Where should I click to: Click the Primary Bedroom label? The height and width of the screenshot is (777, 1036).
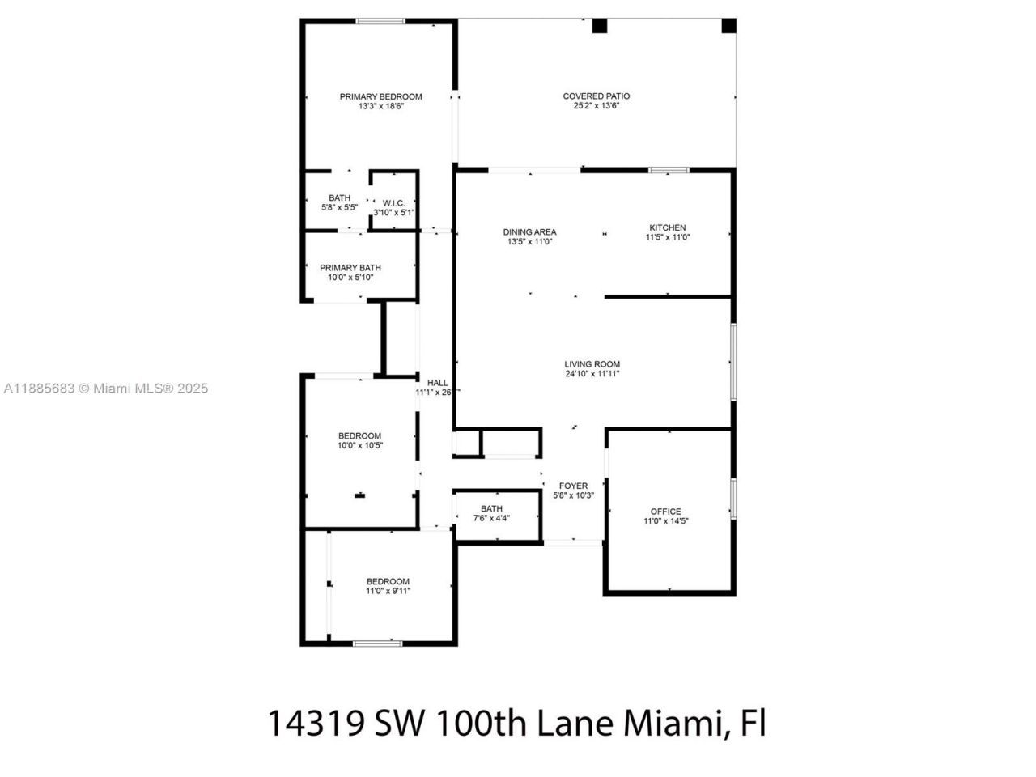[x=380, y=96]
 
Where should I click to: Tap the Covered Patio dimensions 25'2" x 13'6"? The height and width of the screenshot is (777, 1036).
[x=597, y=106]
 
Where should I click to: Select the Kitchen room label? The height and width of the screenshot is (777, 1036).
[x=667, y=227]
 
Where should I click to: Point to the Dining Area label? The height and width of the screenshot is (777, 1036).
[x=530, y=232]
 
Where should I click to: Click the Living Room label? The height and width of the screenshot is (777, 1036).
[x=592, y=364]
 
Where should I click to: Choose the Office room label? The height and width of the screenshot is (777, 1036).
[x=665, y=512]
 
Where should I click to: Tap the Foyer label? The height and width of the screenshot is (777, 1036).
[x=573, y=486]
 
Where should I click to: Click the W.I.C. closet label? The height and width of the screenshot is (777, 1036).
[x=393, y=203]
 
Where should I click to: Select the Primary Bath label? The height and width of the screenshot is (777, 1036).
[x=350, y=268]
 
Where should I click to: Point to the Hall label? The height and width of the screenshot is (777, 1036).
[x=437, y=383]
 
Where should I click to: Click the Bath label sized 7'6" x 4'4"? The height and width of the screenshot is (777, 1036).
[x=491, y=508]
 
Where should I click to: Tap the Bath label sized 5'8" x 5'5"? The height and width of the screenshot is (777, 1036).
[x=339, y=198]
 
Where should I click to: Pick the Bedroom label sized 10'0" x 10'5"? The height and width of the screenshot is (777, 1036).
[x=359, y=436]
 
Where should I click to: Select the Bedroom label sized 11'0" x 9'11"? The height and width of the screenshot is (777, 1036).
[x=388, y=581]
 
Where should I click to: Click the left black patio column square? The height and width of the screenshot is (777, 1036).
[x=600, y=26]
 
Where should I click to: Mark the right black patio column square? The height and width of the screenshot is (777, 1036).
[x=728, y=26]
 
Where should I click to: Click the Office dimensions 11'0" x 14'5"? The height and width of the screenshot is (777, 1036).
[x=665, y=521]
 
